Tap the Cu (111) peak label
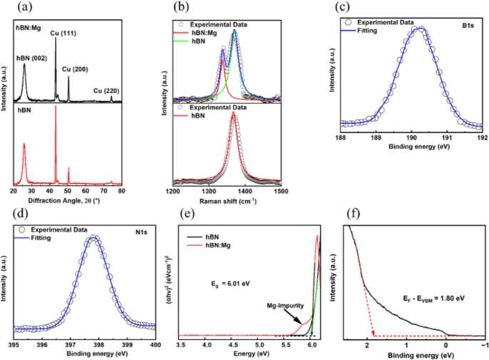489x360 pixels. pyautogui.click(x=64, y=33)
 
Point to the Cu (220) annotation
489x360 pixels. pyautogui.click(x=107, y=91)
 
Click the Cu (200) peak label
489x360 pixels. pyautogui.click(x=76, y=69)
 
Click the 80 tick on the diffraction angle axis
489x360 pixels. pyautogui.click(x=121, y=192)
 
